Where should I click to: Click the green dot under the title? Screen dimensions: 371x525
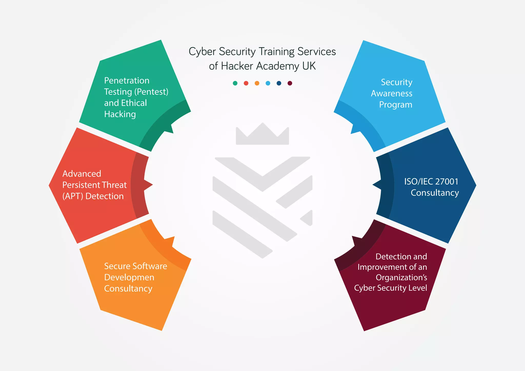coord(235,83)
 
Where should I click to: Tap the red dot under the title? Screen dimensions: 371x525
coord(246,83)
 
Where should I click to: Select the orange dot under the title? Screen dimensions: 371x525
coord(257,83)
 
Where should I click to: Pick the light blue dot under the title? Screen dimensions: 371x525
coord(268,83)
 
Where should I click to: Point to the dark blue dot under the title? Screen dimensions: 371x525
coord(279,83)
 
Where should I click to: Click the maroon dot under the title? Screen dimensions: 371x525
coord(290,83)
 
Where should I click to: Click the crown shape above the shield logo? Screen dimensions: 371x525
coord(262,135)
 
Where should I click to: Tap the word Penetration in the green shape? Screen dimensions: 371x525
coord(127,81)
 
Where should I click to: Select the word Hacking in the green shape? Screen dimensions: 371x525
coord(120,114)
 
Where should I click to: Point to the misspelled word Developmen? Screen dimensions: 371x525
coord(129,277)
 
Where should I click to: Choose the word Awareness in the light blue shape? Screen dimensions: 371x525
coord(391,94)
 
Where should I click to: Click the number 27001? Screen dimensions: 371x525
coord(447,181)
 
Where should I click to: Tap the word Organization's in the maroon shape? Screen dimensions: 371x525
coord(401,277)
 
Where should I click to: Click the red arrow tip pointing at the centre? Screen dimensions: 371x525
coord(149,184)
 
